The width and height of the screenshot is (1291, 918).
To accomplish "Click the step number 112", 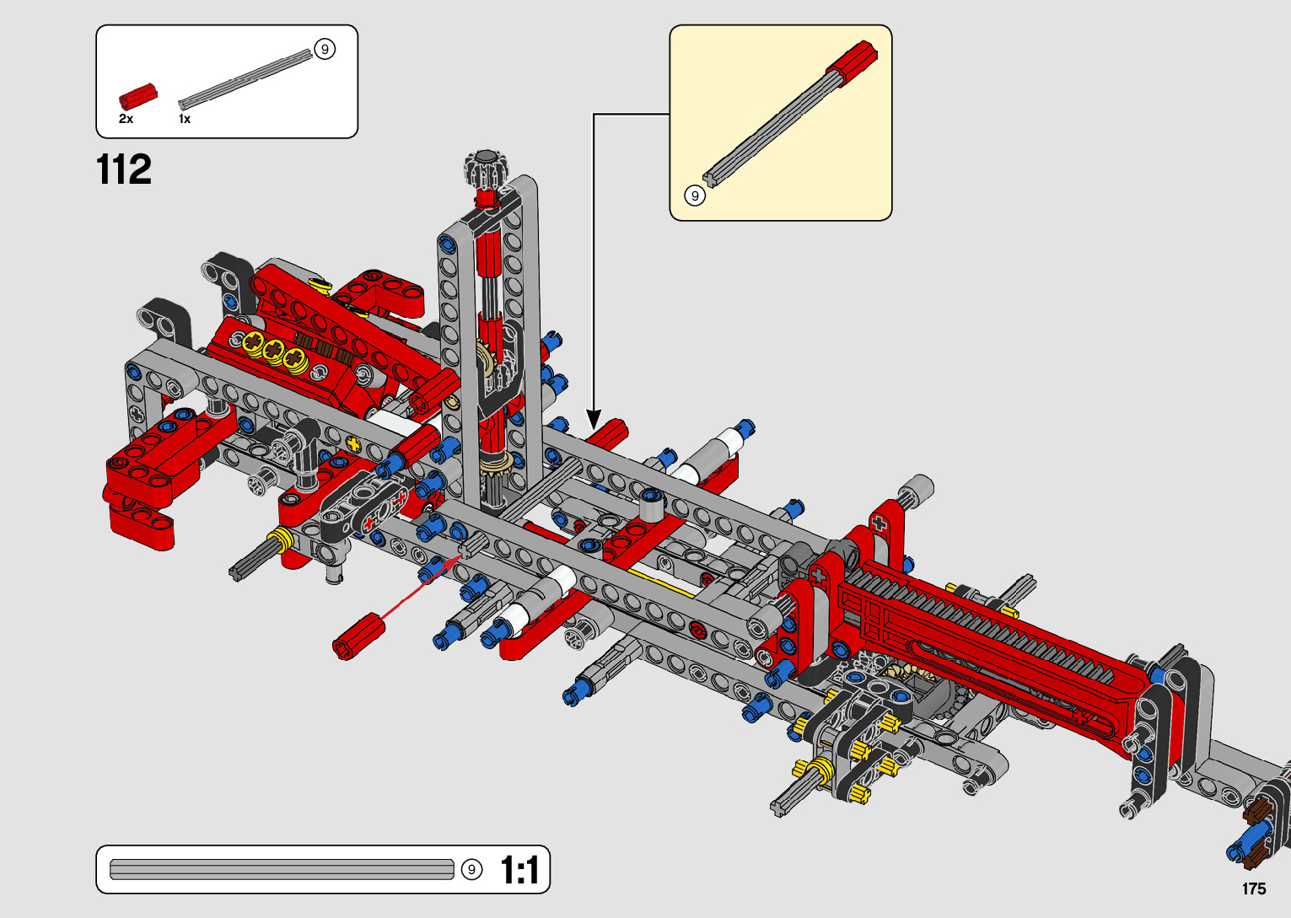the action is [124, 169].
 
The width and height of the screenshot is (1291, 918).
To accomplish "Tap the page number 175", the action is [1254, 888].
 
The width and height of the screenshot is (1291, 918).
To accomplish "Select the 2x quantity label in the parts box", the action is [126, 119].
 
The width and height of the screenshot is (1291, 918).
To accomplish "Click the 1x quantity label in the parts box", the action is [185, 119].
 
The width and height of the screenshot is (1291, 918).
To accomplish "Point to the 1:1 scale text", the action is [520, 870].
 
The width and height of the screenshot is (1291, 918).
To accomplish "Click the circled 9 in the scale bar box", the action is [471, 869].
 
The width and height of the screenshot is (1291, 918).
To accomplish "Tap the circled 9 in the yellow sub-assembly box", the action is [695, 196].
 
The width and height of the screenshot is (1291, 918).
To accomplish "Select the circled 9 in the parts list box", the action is [325, 49].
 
